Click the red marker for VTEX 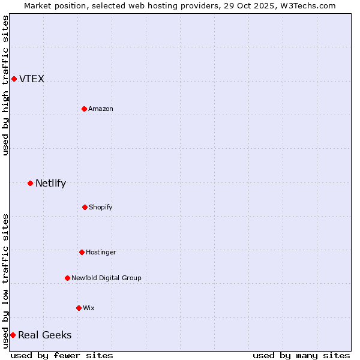[14, 79]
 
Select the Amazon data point [84, 109]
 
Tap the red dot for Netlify [30, 183]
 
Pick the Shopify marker [85, 207]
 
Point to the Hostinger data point [82, 252]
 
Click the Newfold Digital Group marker [67, 278]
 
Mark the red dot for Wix [79, 308]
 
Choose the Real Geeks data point [13, 335]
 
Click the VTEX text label [32, 79]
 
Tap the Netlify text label [50, 184]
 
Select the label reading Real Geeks [44, 335]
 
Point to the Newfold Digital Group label [106, 278]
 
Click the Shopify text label [100, 207]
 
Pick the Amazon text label [100, 109]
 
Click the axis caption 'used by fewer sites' [62, 355]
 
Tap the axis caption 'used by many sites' [301, 355]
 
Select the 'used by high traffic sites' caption [5, 85]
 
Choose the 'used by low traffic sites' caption [5, 281]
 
